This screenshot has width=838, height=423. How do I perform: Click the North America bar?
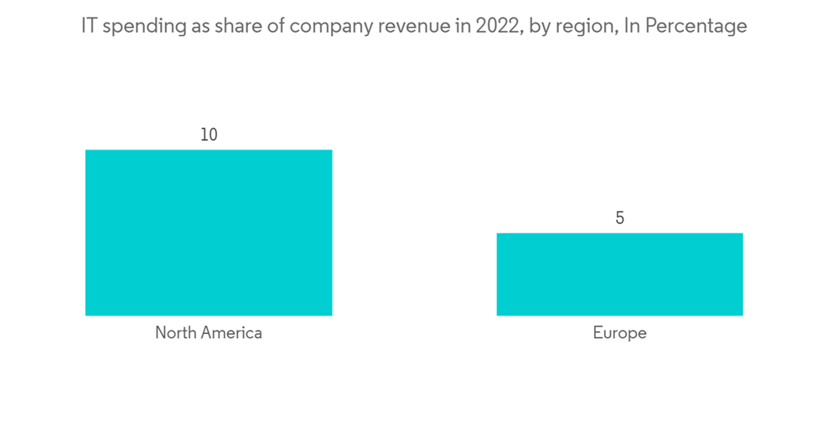pos(209,232)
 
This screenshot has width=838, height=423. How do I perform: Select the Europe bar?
pos(619,274)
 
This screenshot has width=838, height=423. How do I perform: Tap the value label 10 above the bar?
pos(209,134)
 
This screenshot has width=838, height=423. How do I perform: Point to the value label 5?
pos(620,218)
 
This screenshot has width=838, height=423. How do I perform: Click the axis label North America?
pos(209,332)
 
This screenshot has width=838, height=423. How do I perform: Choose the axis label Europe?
pos(620,332)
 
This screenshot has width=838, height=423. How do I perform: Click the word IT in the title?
pos(88,26)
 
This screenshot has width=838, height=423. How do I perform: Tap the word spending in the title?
pos(139,27)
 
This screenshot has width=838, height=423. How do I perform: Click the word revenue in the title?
pos(401,26)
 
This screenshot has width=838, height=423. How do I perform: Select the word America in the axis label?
pos(230,332)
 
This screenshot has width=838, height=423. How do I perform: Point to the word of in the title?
pos(267,26)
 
